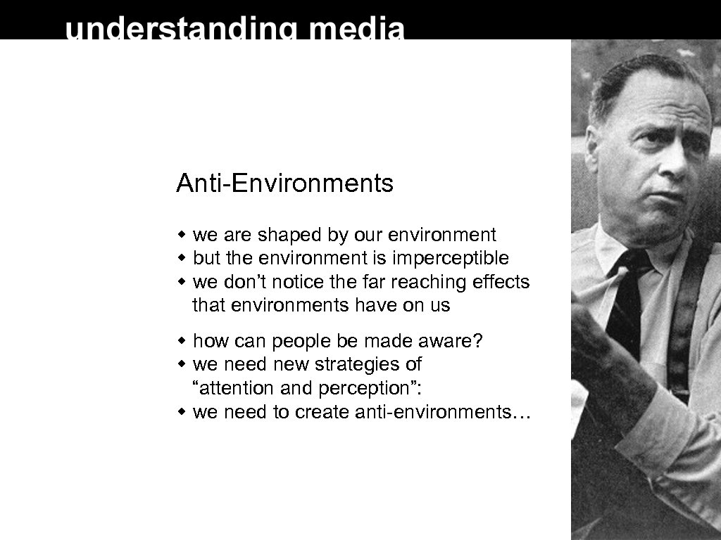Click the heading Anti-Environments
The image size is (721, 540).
pyautogui.click(x=284, y=184)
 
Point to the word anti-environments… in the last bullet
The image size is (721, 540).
pyautogui.click(x=442, y=413)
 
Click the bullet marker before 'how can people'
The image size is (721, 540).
pyautogui.click(x=182, y=342)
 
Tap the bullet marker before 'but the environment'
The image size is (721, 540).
pyautogui.click(x=182, y=259)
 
